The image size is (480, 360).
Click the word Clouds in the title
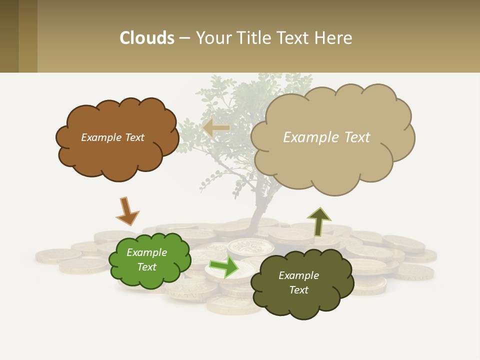[x=147, y=38]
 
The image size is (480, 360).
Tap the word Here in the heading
[x=333, y=38]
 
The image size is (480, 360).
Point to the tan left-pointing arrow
[x=216, y=128]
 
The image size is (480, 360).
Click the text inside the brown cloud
[x=112, y=137]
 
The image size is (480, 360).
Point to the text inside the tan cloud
[x=326, y=137]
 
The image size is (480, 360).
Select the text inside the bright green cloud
[x=147, y=259]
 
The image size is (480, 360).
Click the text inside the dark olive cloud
[x=298, y=282]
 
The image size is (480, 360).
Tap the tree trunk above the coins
[x=258, y=210]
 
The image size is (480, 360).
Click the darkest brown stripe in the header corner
[x=9, y=36]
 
